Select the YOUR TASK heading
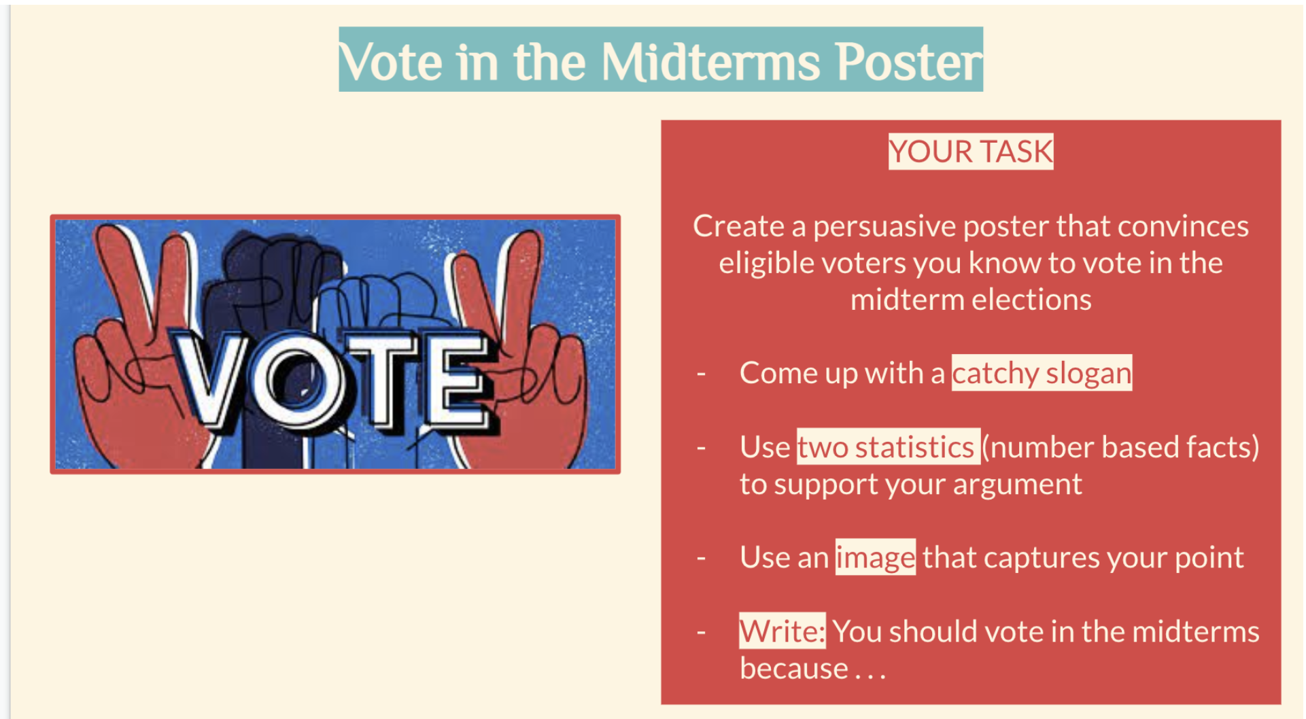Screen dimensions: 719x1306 970,152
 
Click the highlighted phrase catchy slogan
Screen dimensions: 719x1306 1041,373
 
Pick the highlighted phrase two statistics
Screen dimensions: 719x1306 887,447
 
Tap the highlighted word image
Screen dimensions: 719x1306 875,558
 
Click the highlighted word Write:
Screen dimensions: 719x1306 782,631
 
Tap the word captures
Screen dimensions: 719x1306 1041,558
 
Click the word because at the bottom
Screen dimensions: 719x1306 793,669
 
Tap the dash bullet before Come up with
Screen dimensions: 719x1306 701,373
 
